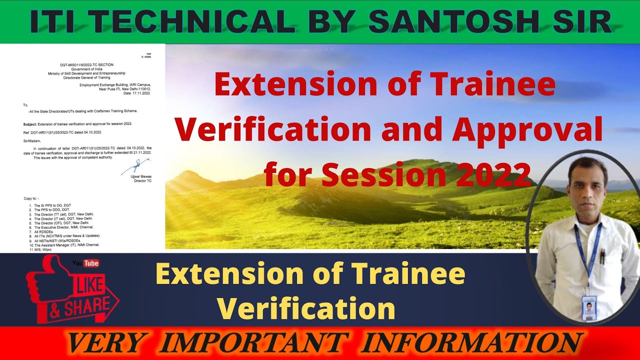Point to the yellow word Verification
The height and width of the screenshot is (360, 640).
coord(305,308)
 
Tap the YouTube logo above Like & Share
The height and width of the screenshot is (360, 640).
coord(85,263)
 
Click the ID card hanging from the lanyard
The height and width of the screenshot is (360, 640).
coord(589,307)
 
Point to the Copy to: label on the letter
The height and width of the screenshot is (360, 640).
coord(31,198)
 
